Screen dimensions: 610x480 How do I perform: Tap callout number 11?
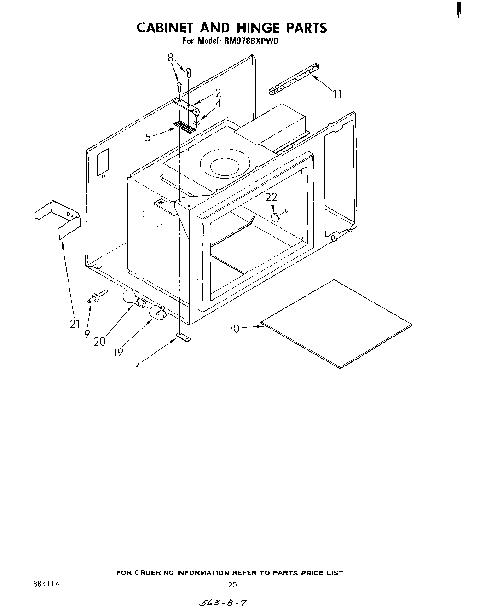(337, 94)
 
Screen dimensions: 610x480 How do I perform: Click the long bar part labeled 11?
(293, 78)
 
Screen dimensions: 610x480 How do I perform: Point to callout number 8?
(171, 58)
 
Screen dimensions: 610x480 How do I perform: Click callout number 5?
(148, 137)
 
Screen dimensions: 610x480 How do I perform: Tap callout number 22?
(272, 197)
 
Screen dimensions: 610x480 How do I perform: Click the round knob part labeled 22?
(276, 217)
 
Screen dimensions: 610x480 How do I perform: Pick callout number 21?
(75, 324)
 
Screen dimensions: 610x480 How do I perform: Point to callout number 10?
(234, 329)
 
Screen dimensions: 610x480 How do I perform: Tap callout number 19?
(118, 352)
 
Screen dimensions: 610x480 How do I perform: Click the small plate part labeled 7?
(184, 338)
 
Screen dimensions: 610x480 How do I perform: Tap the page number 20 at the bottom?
(232, 585)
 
